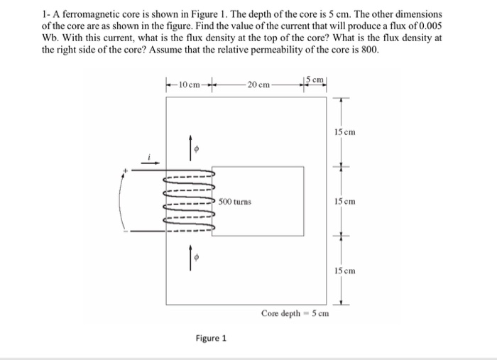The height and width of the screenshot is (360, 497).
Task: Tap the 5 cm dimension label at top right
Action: [x=315, y=79]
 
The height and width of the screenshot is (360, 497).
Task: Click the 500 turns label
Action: [x=235, y=202]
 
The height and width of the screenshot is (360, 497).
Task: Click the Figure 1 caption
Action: [x=212, y=338]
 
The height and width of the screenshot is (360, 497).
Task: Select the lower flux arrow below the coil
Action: [x=190, y=260]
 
